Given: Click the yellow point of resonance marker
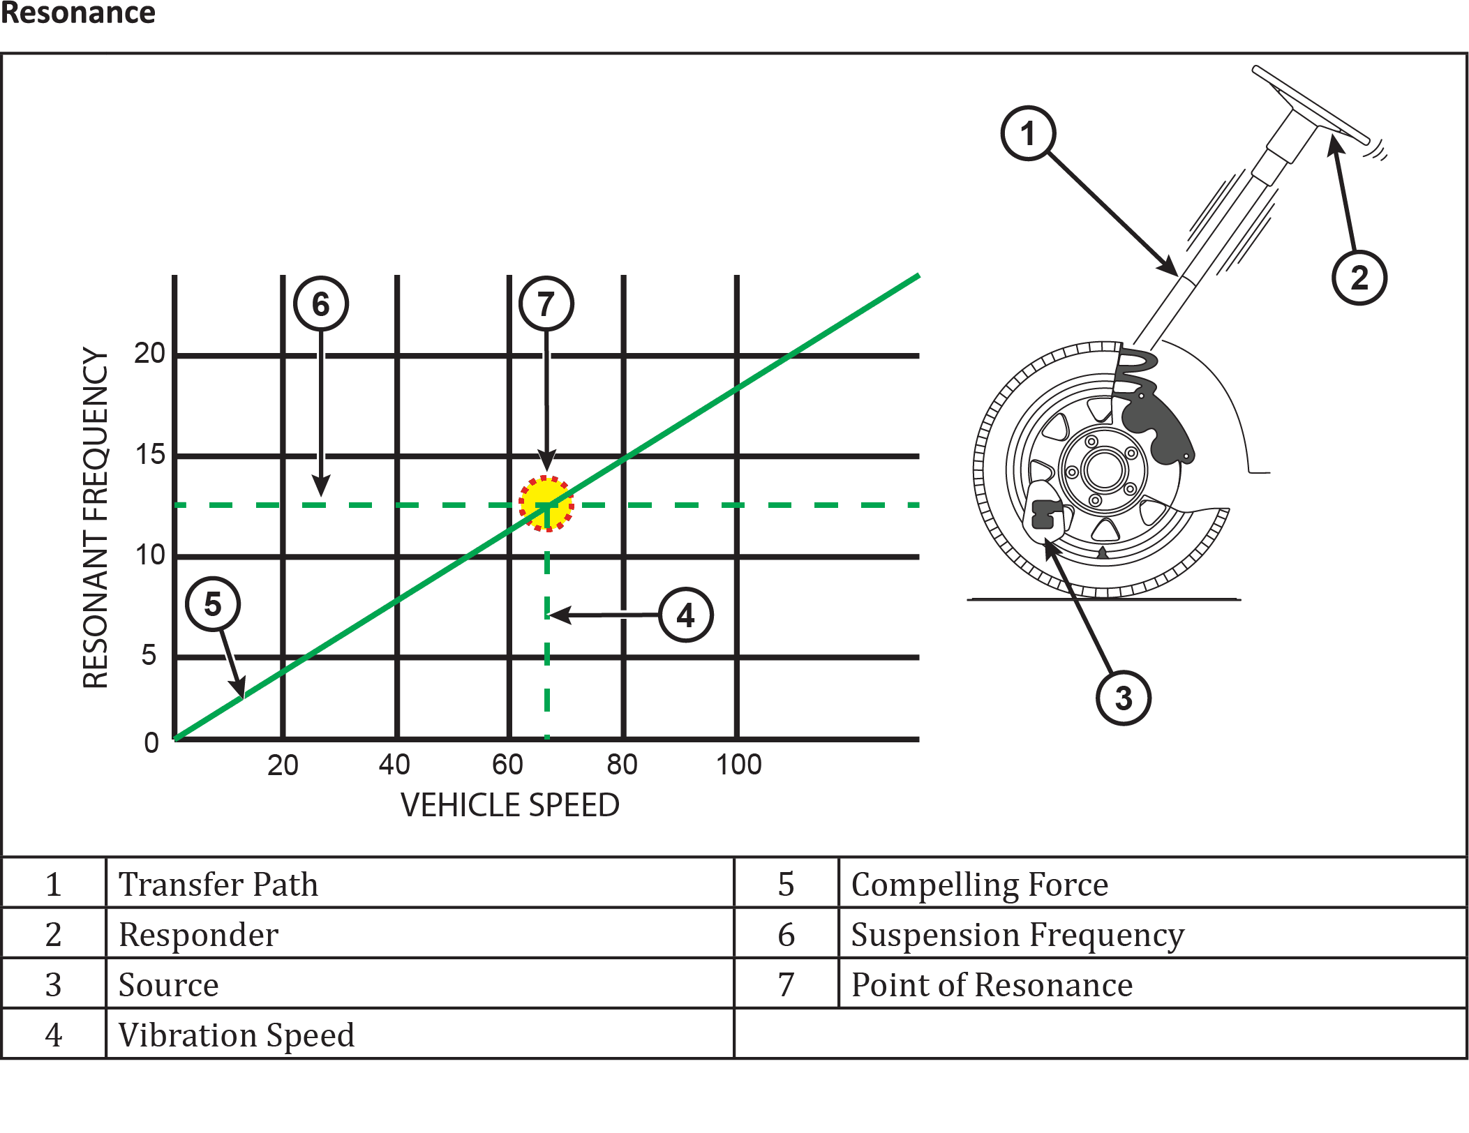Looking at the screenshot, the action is click(x=546, y=504).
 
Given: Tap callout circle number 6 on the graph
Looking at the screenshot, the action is click(x=321, y=303).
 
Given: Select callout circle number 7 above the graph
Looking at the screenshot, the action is click(x=546, y=303).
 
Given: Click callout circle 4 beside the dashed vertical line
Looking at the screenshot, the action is click(x=686, y=615).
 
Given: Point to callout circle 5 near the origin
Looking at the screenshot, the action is click(x=213, y=604).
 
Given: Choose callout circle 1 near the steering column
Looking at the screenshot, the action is click(x=1028, y=133).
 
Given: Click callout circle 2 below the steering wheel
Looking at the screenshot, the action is click(x=1359, y=278).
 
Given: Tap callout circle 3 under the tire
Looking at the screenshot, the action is click(x=1124, y=698).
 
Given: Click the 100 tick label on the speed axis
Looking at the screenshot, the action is click(x=739, y=765).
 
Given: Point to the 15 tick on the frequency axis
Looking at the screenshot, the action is click(x=150, y=455).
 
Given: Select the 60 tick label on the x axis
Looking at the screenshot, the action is click(x=507, y=765).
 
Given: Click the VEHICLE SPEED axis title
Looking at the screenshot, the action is click(x=510, y=805).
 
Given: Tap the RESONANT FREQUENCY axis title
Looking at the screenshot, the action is click(x=96, y=518).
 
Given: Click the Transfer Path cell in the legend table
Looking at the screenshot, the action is click(x=218, y=885).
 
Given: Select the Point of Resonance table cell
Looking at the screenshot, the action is click(x=992, y=985).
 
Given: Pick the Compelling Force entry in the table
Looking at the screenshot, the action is click(x=980, y=885).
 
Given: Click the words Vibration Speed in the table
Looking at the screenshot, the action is click(x=237, y=1035).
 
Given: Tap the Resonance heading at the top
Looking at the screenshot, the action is click(x=77, y=13).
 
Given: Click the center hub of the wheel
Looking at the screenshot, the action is click(x=1104, y=470).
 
